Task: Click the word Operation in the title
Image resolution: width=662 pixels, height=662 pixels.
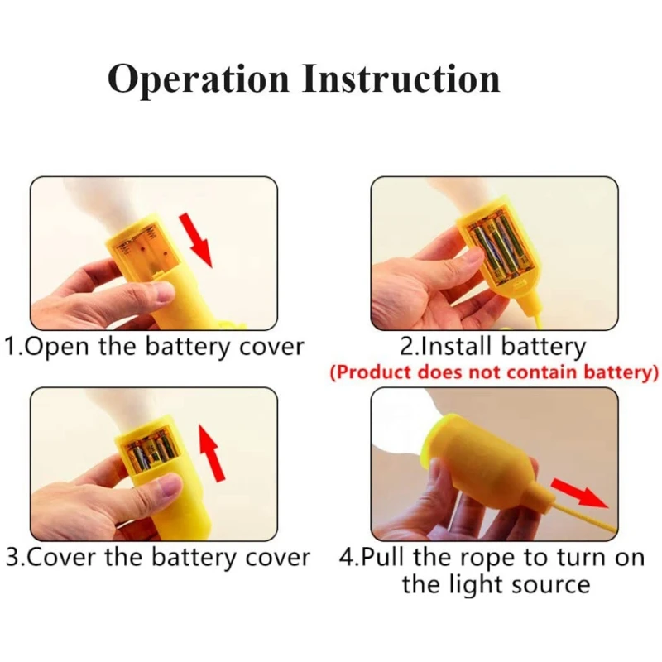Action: (x=198, y=80)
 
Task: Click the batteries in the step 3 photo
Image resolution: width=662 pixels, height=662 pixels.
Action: (x=150, y=452)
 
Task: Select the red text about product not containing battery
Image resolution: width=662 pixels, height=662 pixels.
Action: (x=494, y=372)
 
